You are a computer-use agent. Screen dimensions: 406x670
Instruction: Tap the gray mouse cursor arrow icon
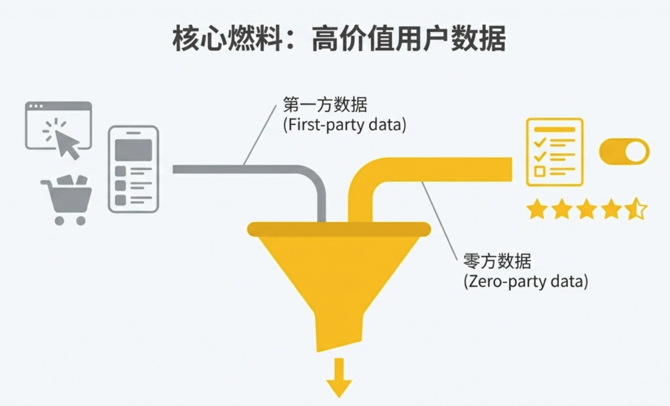66,139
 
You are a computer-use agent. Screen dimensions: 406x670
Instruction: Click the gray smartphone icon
133,168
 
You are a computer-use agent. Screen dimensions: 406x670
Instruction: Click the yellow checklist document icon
554,152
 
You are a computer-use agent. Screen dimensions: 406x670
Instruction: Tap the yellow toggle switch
624,152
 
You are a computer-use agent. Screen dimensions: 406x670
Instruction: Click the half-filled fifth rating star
635,210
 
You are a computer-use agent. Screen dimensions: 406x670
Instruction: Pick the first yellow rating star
537,210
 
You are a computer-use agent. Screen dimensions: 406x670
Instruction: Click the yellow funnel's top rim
338,229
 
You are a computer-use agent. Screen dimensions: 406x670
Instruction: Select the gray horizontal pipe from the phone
236,169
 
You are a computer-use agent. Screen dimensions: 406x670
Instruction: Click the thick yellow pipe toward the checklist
445,169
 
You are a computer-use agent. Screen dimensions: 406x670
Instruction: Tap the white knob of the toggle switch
635,152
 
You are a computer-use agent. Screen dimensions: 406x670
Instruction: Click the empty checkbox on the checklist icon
540,172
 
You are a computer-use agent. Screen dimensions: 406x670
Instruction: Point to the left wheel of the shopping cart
59,221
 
